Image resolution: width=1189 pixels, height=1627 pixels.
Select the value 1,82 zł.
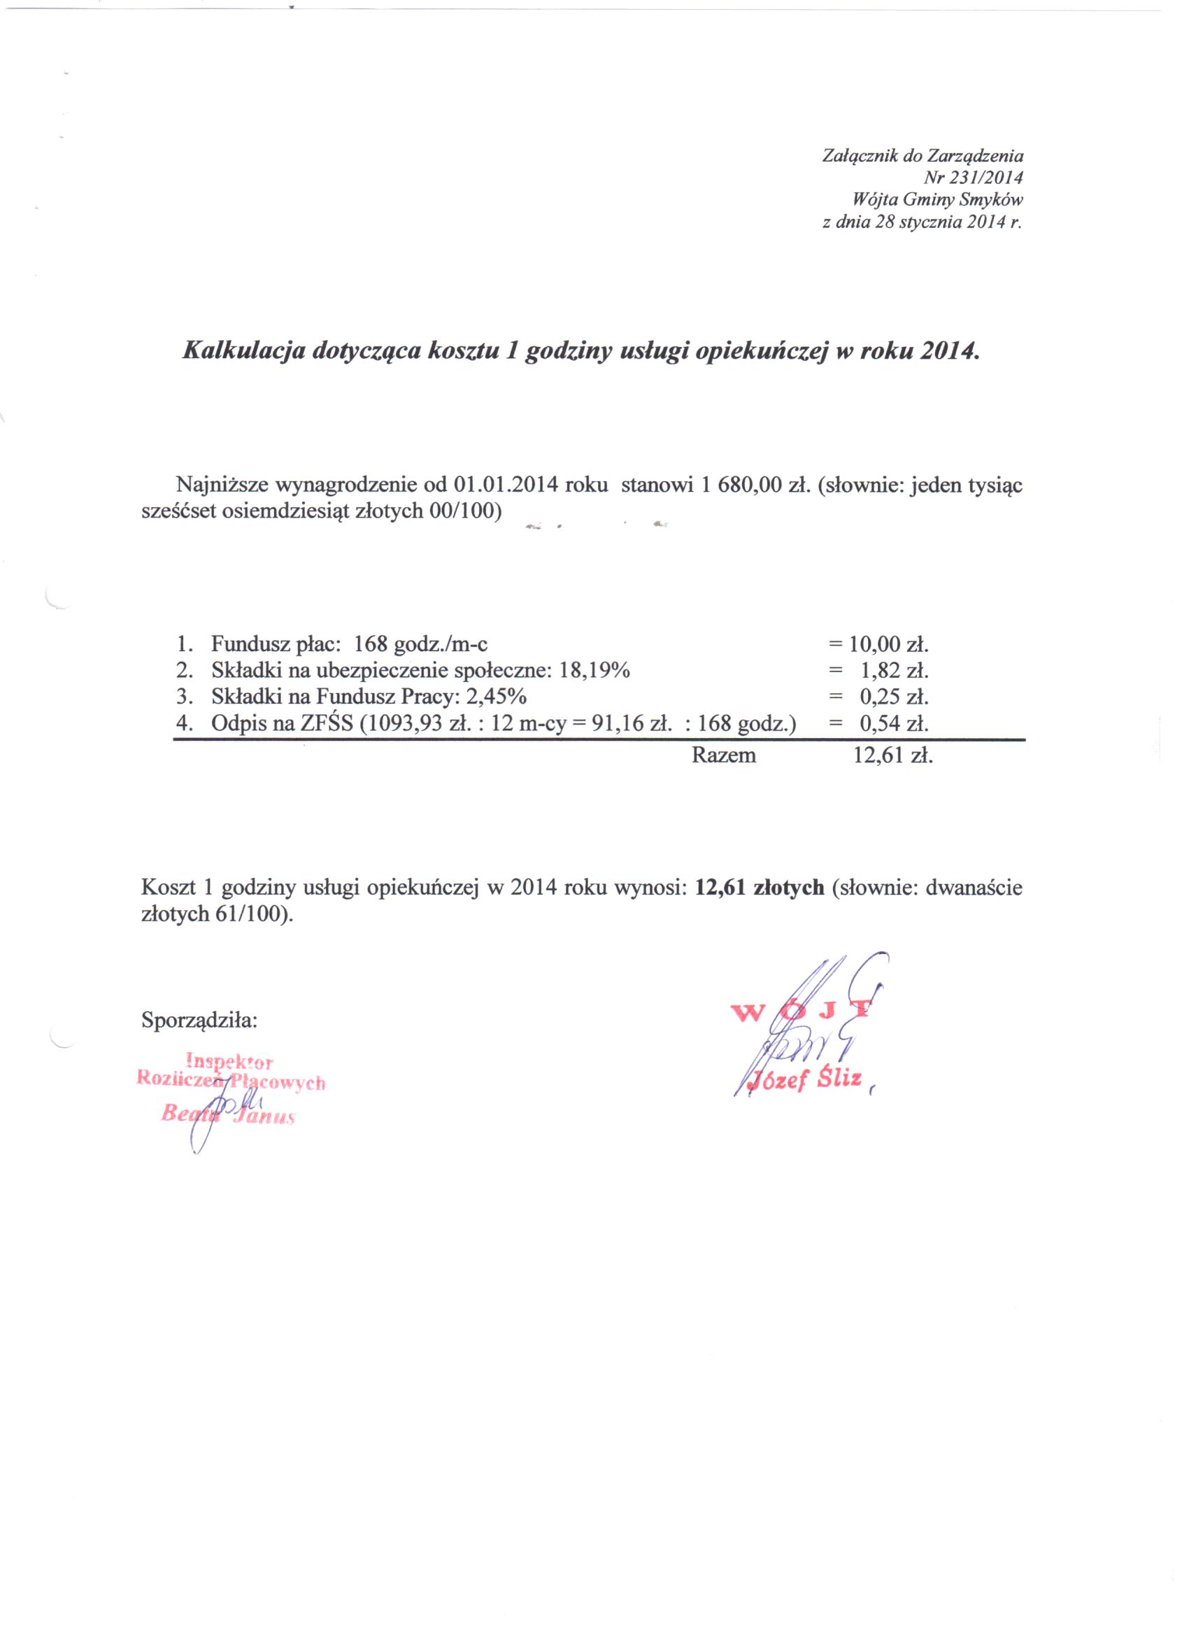(894, 671)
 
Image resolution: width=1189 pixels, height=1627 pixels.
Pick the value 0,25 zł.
(894, 697)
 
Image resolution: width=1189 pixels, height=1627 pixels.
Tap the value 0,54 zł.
(894, 723)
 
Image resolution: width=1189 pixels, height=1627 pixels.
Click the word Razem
(723, 755)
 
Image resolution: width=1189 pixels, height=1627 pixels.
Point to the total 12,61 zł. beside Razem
(892, 755)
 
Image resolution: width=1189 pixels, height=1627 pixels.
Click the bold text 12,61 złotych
(760, 887)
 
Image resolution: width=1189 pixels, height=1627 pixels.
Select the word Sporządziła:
(199, 1020)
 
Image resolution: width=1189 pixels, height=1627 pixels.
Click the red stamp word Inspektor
(229, 1061)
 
